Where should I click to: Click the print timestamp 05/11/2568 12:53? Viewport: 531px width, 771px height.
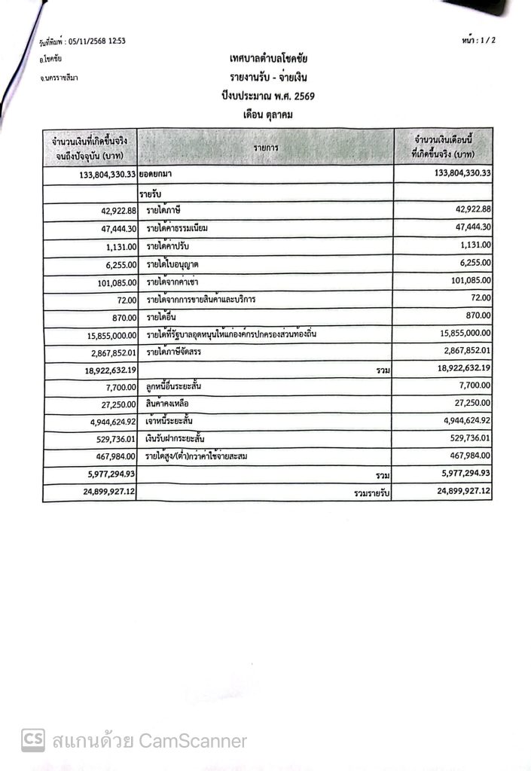(x=85, y=41)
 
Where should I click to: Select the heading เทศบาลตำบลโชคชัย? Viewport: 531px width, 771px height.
(x=269, y=59)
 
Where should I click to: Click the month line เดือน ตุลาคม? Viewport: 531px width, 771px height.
(x=267, y=114)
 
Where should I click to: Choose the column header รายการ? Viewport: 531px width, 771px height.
(x=266, y=148)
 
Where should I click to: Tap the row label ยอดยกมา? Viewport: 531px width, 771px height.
(x=156, y=174)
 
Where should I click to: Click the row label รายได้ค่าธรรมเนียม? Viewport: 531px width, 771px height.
(x=178, y=228)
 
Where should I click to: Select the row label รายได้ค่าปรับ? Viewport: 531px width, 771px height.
(x=169, y=246)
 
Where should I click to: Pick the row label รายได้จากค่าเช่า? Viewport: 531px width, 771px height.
(x=174, y=282)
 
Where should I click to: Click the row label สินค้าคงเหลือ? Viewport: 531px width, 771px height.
(x=167, y=404)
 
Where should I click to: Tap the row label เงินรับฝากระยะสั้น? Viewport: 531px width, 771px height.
(x=175, y=438)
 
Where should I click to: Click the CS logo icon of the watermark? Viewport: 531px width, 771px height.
(x=32, y=740)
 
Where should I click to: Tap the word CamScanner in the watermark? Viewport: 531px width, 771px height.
(x=193, y=741)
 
